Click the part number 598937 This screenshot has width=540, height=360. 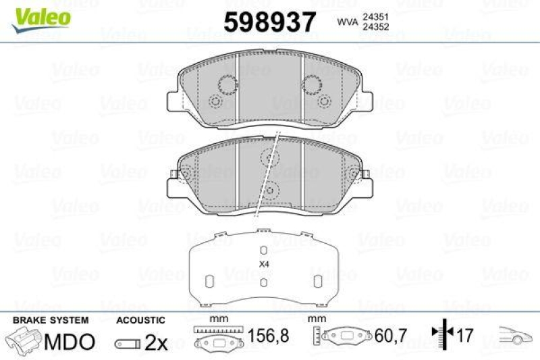pyautogui.click(x=270, y=23)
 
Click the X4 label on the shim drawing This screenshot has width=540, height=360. pyautogui.click(x=264, y=264)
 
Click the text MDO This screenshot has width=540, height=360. pyautogui.click(x=69, y=342)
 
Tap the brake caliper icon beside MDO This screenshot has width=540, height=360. pyautogui.click(x=24, y=340)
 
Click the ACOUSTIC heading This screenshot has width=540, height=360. pyautogui.click(x=140, y=320)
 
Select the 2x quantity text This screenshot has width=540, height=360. pyautogui.click(x=157, y=342)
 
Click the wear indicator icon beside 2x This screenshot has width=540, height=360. pyautogui.click(x=127, y=343)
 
